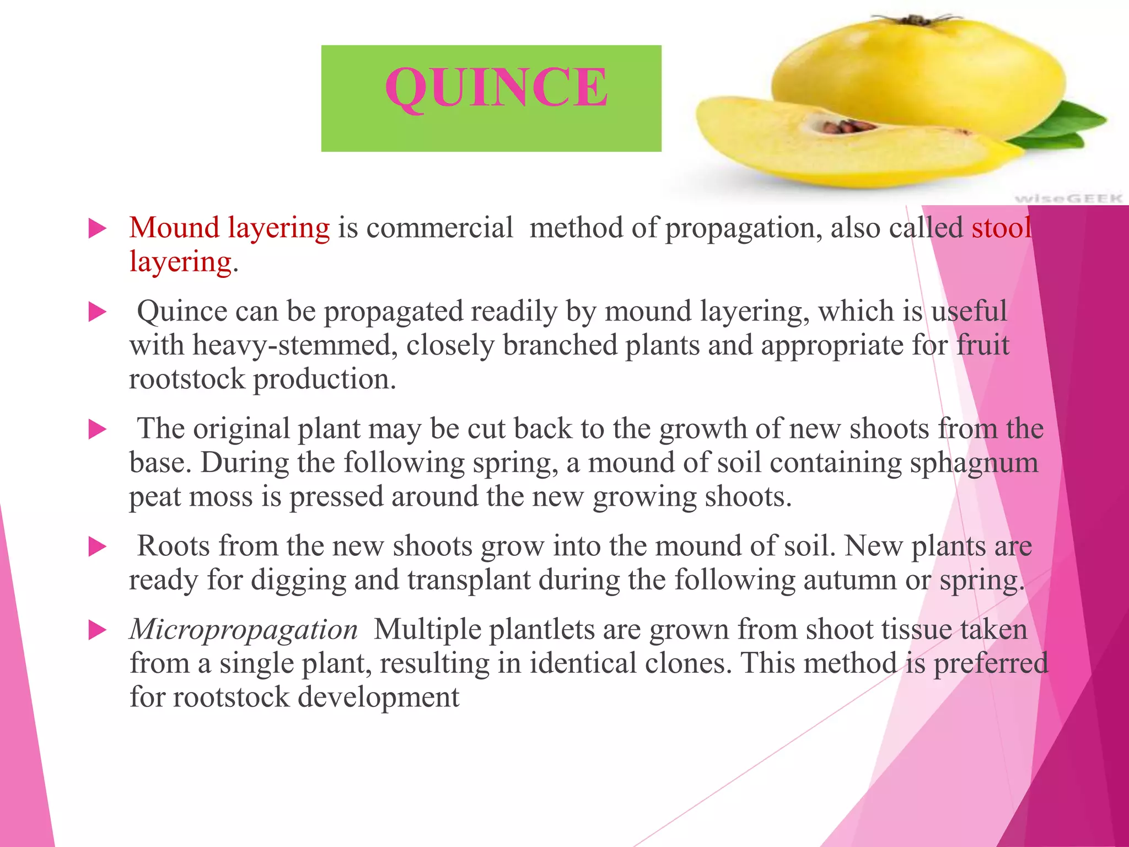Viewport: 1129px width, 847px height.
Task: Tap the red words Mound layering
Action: tap(229, 228)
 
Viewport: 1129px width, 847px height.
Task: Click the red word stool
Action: tap(1001, 228)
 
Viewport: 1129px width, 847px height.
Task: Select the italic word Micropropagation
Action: tap(244, 629)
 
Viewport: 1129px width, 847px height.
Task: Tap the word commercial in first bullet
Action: tap(439, 228)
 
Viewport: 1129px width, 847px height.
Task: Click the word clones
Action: tap(688, 663)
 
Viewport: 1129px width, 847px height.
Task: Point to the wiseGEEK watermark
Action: tap(1068, 197)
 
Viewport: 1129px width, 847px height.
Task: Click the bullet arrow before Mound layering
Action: tap(97, 228)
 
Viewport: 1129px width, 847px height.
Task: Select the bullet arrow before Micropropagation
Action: tap(97, 630)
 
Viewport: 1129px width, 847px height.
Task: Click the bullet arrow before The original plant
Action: tap(97, 429)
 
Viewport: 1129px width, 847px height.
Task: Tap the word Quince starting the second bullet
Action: tap(181, 312)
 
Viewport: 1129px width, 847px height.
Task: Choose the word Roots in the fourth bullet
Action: tap(173, 546)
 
